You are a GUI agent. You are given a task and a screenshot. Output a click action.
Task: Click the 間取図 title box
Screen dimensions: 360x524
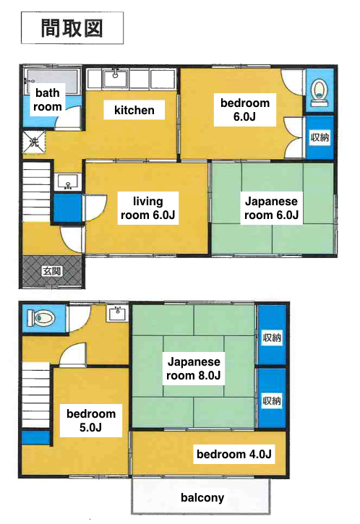tap(72, 28)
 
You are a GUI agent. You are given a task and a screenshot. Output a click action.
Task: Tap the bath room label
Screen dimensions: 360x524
tap(48, 100)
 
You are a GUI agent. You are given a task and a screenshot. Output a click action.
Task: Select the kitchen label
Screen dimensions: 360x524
tap(134, 110)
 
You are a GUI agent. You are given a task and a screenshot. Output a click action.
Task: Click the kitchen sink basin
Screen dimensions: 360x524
tap(116, 80)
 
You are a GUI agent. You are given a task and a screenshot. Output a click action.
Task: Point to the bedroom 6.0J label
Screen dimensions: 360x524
tap(245, 110)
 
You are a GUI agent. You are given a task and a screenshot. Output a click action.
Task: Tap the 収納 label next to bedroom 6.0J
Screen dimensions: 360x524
tap(320, 137)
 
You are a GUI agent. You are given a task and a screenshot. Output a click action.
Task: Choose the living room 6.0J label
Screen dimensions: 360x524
tap(147, 208)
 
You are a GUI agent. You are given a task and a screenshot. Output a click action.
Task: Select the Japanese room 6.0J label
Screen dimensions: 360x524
tap(271, 208)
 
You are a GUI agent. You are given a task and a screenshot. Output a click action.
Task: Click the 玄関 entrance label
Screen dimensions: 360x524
tap(52, 271)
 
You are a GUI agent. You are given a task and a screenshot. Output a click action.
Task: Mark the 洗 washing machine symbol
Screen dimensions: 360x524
tap(33, 142)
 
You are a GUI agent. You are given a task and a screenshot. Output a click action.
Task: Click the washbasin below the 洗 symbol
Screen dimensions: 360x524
tap(68, 182)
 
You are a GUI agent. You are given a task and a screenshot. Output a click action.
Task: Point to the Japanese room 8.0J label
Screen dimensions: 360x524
tap(194, 369)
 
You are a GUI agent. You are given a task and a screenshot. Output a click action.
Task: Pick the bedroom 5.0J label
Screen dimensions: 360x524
tap(91, 421)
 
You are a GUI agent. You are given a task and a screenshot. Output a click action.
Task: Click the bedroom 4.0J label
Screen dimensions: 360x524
tap(234, 454)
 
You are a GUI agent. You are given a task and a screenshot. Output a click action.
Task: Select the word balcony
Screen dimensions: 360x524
tap(202, 497)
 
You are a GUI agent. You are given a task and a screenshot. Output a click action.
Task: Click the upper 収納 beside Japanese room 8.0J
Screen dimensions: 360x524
tap(272, 338)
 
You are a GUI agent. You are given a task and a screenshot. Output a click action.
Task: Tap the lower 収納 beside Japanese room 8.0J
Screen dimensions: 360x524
tap(272, 400)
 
